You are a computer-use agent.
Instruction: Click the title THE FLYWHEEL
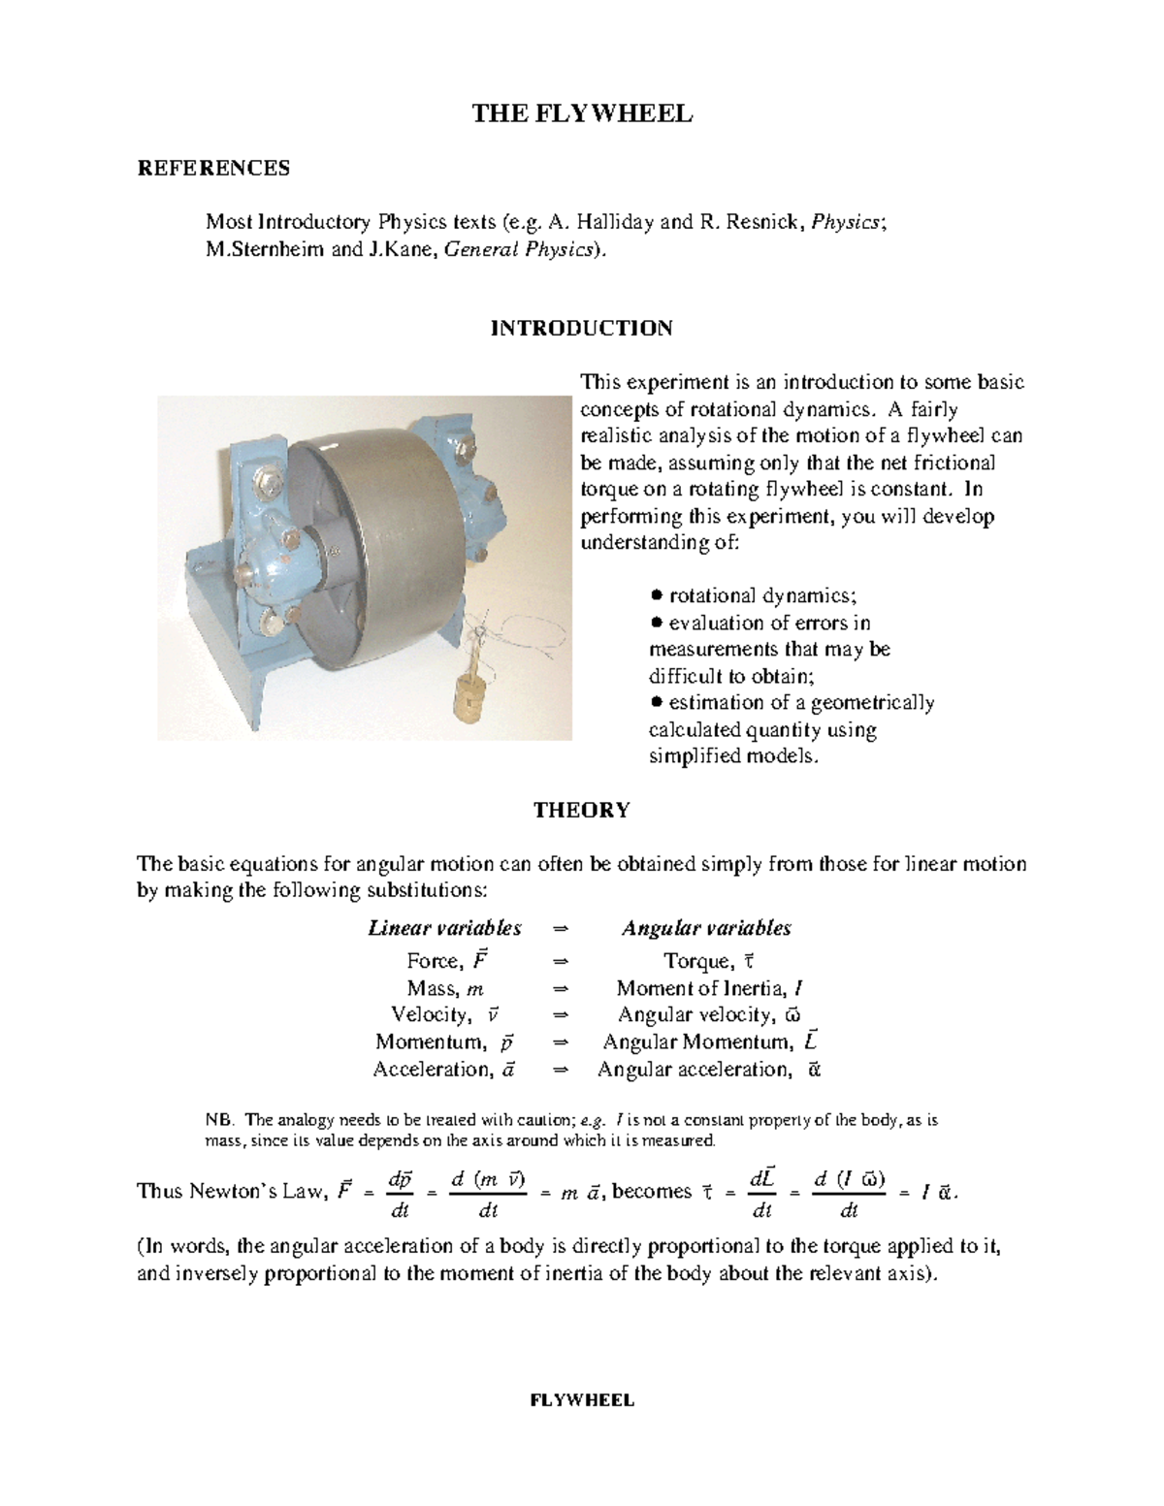pos(582,114)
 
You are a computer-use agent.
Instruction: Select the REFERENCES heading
pos(213,169)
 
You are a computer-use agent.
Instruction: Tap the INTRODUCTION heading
pos(581,328)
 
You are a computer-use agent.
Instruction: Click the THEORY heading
pos(581,810)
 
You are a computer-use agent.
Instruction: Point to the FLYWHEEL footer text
pos(581,1400)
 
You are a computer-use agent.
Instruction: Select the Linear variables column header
pos(444,928)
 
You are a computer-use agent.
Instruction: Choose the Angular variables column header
pos(706,928)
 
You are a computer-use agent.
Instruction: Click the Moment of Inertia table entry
pos(709,988)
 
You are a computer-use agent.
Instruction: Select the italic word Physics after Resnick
pos(846,222)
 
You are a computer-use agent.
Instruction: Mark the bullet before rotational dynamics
pos(657,595)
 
